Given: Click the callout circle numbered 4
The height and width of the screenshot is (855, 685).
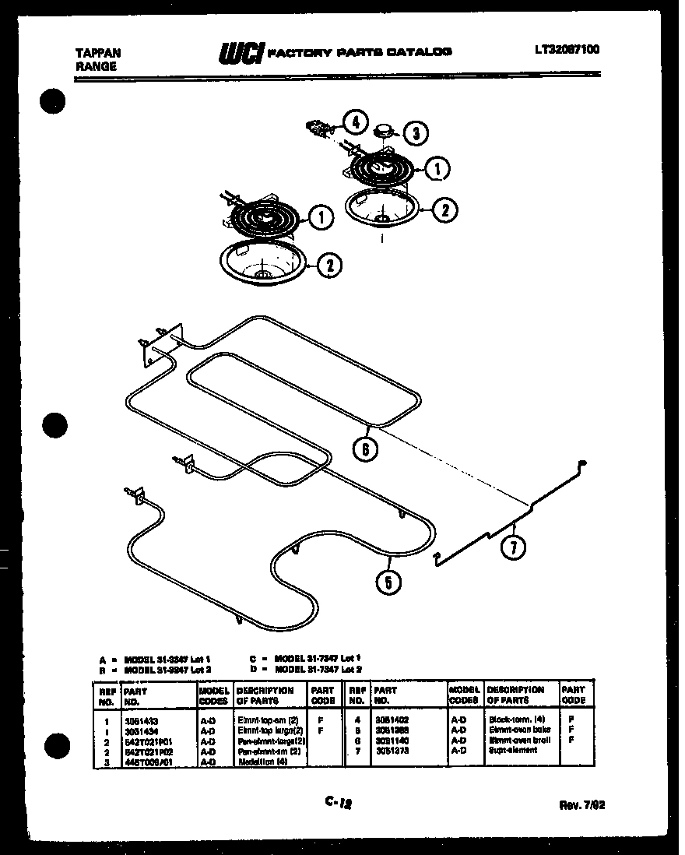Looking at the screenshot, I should point(355,122).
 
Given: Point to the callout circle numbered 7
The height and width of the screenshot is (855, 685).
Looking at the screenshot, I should point(512,547).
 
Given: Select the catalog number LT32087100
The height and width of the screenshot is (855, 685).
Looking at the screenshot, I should point(567,50).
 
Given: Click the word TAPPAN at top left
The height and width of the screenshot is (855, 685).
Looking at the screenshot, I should point(97,53).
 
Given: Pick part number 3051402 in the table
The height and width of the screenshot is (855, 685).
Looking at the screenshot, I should point(390,721).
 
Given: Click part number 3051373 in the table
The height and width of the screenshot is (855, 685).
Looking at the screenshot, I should point(390,750).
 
